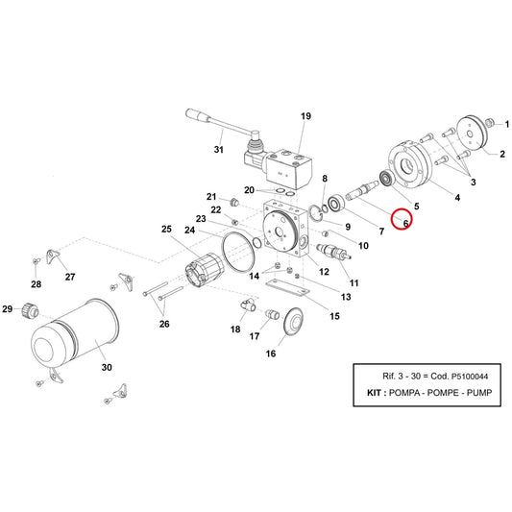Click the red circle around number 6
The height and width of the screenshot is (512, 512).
coord(402,208)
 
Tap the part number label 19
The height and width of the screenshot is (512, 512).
coord(306,116)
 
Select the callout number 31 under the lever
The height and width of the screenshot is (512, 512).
coord(219,150)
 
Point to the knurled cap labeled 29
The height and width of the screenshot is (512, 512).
coord(30,310)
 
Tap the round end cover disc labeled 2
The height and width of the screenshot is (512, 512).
coord(472,134)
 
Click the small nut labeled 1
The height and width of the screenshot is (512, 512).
coord(490,123)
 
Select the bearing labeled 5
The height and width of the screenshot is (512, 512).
coord(387,179)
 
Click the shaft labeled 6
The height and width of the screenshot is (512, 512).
coord(362,191)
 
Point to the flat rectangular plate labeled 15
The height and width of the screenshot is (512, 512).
coord(287,288)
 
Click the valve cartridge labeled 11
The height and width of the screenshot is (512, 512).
coord(333,252)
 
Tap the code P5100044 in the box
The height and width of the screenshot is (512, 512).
coord(470,377)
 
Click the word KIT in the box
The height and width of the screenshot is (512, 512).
coord(374,393)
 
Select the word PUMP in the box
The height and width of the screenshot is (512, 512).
coord(479,393)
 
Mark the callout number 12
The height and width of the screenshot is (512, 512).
coord(324,272)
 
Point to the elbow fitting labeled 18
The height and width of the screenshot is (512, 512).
coord(248,305)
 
